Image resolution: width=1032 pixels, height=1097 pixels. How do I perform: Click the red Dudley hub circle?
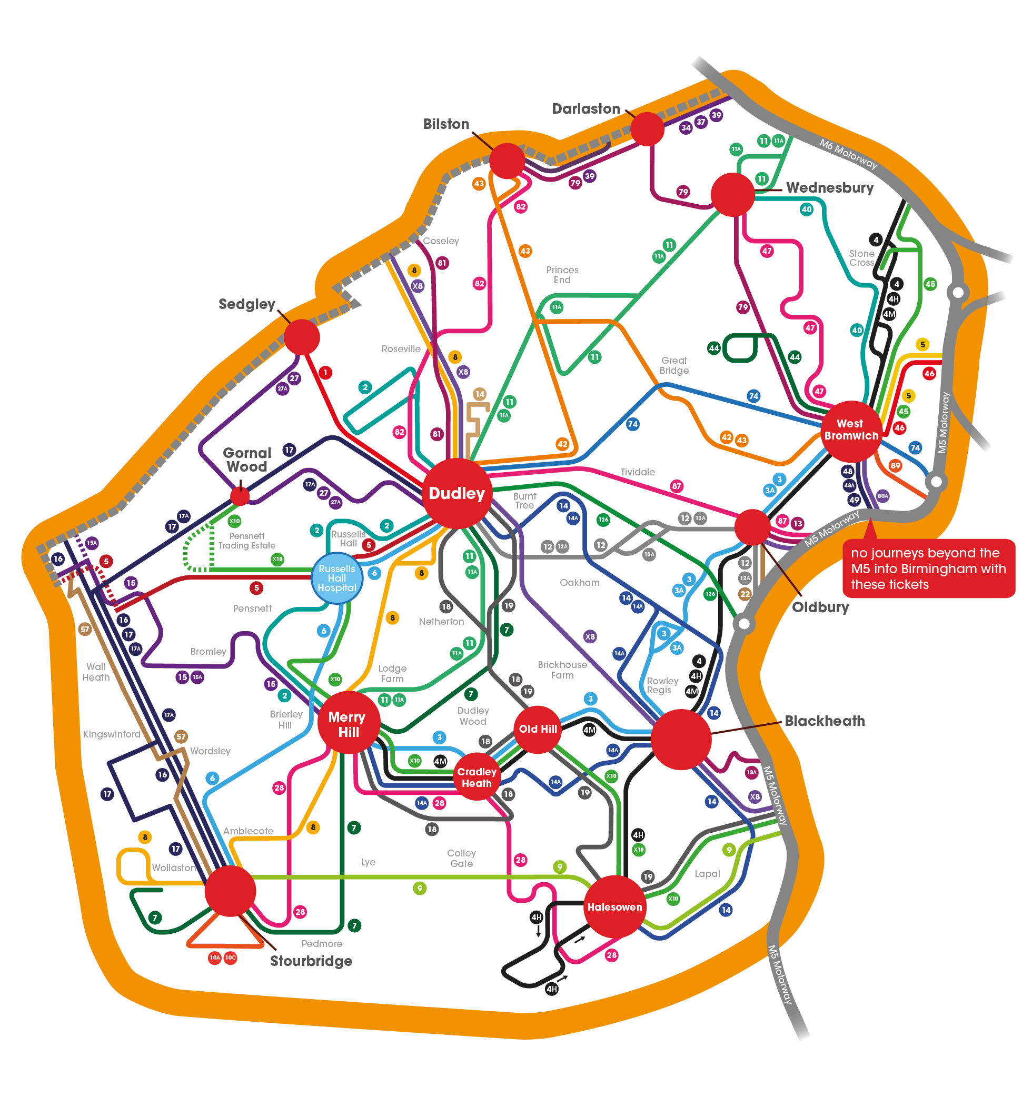pos(456,493)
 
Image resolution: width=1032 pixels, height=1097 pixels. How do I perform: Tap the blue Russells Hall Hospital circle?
pos(336,578)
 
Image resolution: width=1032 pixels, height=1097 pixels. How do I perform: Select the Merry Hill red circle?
pos(348,723)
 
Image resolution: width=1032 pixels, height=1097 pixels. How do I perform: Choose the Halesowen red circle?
pos(614,907)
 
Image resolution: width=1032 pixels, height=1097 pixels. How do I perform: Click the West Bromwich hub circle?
pos(850,430)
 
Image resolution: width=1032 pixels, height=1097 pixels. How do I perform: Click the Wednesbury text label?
pos(829,187)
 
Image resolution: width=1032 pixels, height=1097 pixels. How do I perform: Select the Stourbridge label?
pos(311,961)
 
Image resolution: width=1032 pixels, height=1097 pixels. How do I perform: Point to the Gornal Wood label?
pos(247,459)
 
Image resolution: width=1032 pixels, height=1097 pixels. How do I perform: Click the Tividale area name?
pos(637,472)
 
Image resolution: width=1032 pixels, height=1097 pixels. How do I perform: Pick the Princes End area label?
pos(562,274)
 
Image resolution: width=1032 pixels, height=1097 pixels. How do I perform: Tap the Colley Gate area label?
pos(461,858)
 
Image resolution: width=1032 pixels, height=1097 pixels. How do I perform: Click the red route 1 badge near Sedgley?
pos(325,372)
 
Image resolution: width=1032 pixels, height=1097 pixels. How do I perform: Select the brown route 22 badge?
pos(745,594)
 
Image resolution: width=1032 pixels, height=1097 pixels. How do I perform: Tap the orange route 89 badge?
pos(895,465)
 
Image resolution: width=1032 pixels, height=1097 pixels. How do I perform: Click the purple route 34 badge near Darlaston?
pos(685,127)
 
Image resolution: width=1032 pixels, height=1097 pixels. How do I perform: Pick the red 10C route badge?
pos(230,958)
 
